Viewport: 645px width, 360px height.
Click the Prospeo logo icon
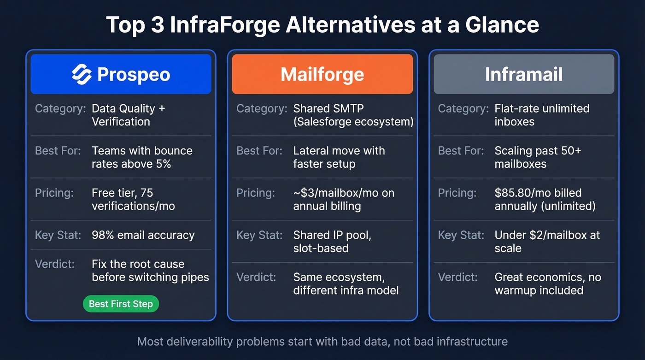(x=82, y=74)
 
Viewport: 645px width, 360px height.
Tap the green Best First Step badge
(x=121, y=304)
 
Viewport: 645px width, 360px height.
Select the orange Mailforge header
(x=322, y=74)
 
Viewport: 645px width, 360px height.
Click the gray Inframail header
(x=524, y=74)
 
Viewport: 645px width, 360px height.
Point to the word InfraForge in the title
(x=224, y=24)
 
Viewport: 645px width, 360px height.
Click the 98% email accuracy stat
(x=143, y=235)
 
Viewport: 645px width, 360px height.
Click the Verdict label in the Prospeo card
(x=54, y=264)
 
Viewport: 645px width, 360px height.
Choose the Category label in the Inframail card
(x=463, y=109)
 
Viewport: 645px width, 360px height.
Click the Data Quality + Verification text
(x=128, y=115)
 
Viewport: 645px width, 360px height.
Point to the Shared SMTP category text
(x=353, y=115)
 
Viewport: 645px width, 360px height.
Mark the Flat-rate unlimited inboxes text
(x=542, y=115)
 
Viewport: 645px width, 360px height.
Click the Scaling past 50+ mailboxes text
(x=538, y=157)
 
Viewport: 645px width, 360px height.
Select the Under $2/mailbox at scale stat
(x=547, y=242)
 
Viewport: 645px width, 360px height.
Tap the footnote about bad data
(x=322, y=342)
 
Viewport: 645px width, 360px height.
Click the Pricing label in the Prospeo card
(x=54, y=193)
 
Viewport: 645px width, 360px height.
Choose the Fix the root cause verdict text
(x=150, y=271)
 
